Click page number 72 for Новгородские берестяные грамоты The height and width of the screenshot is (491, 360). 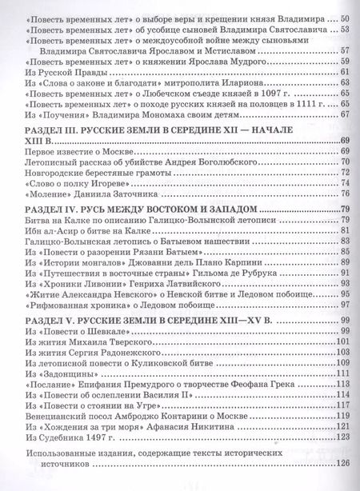tap(346, 172)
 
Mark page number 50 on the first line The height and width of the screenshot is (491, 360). tap(346, 18)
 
